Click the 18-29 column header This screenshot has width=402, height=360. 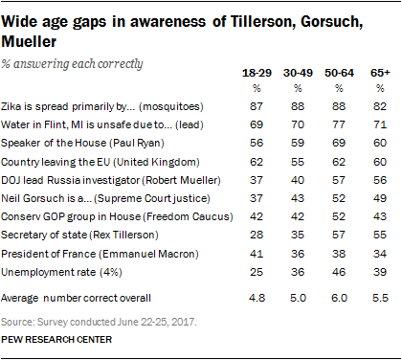click(x=257, y=73)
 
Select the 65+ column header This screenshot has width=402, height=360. click(x=380, y=73)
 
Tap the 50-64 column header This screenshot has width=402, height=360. click(x=339, y=73)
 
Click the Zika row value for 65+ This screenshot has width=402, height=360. click(x=380, y=106)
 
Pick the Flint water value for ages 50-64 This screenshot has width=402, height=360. click(x=339, y=124)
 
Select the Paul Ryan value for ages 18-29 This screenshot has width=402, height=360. click(x=257, y=143)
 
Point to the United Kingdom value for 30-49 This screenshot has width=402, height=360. click(x=298, y=162)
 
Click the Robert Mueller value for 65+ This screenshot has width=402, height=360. click(x=380, y=180)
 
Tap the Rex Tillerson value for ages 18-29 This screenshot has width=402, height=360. click(x=257, y=235)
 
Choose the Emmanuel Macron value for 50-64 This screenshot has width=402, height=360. click(x=339, y=254)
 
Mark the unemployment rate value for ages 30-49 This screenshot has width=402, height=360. click(x=298, y=272)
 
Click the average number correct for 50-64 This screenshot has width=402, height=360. click(x=339, y=298)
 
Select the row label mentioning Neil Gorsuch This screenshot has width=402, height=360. click(x=105, y=198)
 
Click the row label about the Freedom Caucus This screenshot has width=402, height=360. click(x=117, y=216)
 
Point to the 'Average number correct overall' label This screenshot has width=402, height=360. click(x=76, y=298)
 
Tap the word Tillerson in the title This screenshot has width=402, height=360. click(x=261, y=22)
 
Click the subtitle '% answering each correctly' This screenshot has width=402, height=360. click(x=72, y=64)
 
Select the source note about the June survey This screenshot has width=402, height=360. click(x=99, y=322)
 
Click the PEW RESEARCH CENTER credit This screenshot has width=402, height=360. click(x=56, y=340)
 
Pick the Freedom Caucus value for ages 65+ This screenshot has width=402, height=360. click(x=380, y=216)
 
